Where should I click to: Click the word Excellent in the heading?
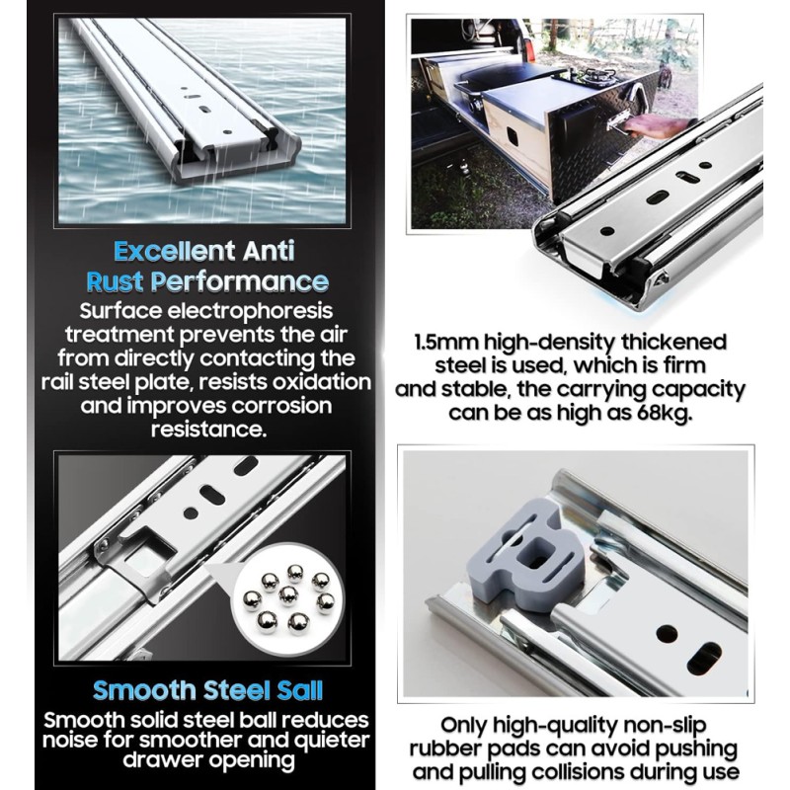175,251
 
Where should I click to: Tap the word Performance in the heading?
239,282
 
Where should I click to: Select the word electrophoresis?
250,311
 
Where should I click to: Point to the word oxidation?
322,382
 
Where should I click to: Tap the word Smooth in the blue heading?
144,690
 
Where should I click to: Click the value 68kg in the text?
664,414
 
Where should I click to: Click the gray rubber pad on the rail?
526,554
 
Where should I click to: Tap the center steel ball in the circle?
288,595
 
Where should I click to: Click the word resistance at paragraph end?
208,430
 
